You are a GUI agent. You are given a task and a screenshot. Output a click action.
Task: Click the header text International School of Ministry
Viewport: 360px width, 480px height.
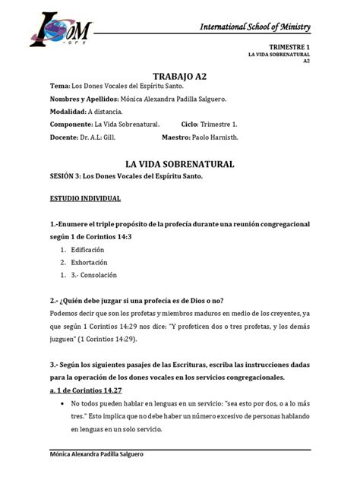[254, 27]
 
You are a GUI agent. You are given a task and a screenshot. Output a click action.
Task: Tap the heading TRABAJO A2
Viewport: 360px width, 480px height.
[179, 76]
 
